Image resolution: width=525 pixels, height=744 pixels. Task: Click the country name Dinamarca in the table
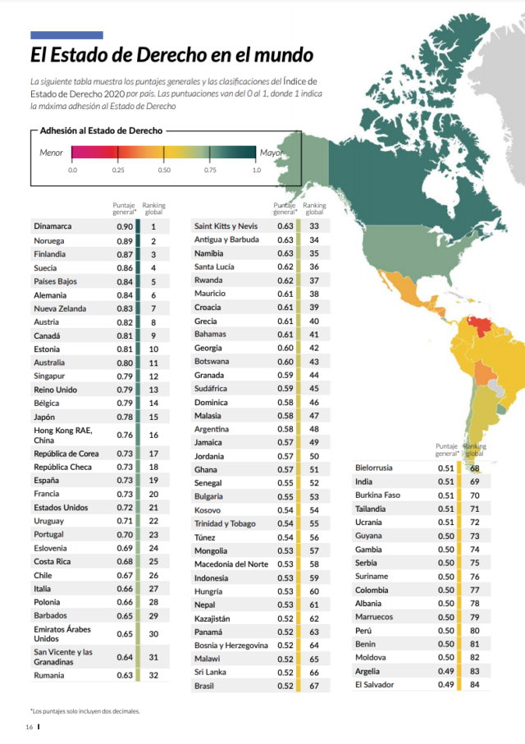(52, 226)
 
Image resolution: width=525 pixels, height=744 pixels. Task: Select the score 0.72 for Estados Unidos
(125, 508)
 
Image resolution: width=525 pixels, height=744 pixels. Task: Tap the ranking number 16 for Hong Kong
(153, 435)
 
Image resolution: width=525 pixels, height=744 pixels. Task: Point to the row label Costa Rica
(52, 561)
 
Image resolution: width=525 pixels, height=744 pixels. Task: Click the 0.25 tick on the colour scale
(118, 170)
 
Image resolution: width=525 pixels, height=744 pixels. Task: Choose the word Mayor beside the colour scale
(271, 153)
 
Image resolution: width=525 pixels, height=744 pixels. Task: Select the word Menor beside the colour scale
(51, 153)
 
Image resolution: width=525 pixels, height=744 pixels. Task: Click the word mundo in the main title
(284, 55)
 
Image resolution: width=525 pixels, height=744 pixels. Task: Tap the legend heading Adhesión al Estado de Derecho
(101, 130)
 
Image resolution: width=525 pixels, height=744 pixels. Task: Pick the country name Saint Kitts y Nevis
(226, 226)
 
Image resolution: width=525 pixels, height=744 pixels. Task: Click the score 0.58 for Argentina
(285, 429)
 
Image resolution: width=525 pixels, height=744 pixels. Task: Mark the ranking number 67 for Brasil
(314, 686)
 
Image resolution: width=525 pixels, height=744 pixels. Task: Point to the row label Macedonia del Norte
(231, 564)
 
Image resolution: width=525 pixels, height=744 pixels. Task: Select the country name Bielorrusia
(374, 468)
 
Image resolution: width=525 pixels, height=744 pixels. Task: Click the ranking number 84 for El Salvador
(475, 685)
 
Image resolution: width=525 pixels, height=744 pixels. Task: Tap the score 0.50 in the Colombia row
(446, 591)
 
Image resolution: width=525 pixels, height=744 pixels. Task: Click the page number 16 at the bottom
(29, 727)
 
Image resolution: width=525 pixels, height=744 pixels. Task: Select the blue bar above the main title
(67, 35)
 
